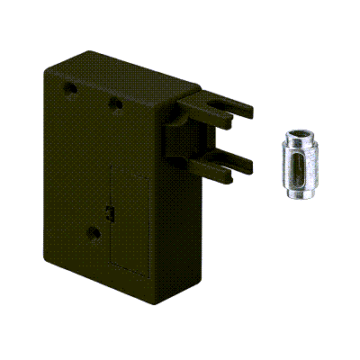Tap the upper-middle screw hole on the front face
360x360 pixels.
pyautogui.click(x=115, y=103)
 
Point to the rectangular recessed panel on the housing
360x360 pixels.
pyautogui.click(x=127, y=220)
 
